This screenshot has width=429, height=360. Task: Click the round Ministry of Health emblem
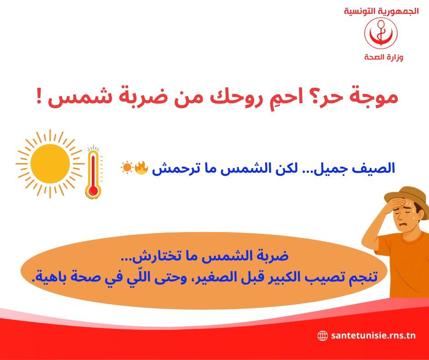click(x=381, y=33)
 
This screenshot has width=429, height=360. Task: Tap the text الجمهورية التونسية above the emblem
click(x=381, y=11)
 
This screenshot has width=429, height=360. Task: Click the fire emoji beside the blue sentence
click(x=141, y=168)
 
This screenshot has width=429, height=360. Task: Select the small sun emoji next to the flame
click(x=126, y=168)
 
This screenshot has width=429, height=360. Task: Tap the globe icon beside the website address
click(x=323, y=336)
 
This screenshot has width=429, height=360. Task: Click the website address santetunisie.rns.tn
click(x=373, y=336)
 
